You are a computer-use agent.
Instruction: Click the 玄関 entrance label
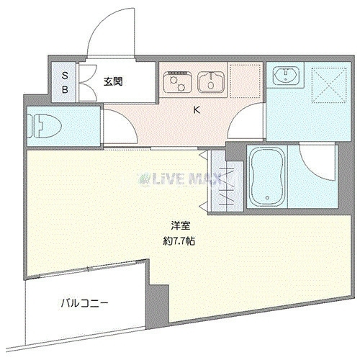pyautogui.click(x=113, y=81)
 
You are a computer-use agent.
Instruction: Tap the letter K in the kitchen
pyautogui.click(x=197, y=110)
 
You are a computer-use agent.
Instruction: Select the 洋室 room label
pyautogui.click(x=180, y=225)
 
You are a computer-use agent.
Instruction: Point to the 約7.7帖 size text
pyautogui.click(x=179, y=241)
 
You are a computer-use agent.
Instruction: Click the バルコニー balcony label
pyautogui.click(x=84, y=304)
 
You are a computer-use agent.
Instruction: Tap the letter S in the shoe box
pyautogui.click(x=65, y=76)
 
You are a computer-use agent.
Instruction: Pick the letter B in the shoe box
pyautogui.click(x=65, y=90)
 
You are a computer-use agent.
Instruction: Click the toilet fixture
pyautogui.click(x=45, y=126)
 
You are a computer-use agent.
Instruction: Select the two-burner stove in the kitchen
pyautogui.click(x=177, y=82)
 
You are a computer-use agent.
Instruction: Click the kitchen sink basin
pyautogui.click(x=211, y=82)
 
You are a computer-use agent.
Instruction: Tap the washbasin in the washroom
pyautogui.click(x=286, y=74)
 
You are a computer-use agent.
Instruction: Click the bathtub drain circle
pyautogui.click(x=267, y=198)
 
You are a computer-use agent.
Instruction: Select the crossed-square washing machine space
pyautogui.click(x=329, y=85)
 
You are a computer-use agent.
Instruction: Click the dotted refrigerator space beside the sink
pyautogui.click(x=245, y=81)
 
